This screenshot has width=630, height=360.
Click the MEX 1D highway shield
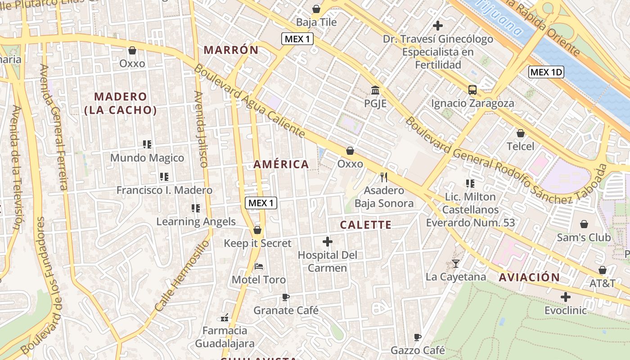(x=546, y=72)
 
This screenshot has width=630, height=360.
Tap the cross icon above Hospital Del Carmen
(x=328, y=242)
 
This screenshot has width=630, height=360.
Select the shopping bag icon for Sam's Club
(x=584, y=224)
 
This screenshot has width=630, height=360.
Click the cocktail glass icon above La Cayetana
(x=456, y=264)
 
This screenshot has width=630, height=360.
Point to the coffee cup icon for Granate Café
(x=285, y=297)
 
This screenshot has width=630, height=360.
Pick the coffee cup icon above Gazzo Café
(x=418, y=337)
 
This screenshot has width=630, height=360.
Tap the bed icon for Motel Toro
(x=258, y=266)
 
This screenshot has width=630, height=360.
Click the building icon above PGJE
(x=375, y=90)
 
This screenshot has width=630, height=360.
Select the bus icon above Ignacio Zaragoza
(x=472, y=90)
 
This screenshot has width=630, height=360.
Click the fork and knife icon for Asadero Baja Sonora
(x=383, y=177)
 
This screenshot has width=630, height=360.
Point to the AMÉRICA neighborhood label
(x=281, y=164)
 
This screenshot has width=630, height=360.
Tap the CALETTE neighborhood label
(x=365, y=225)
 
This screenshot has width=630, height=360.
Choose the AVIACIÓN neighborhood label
(x=529, y=277)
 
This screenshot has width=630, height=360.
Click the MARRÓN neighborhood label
(x=231, y=50)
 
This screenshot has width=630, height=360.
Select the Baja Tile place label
(x=316, y=22)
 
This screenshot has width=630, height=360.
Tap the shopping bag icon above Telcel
(x=521, y=133)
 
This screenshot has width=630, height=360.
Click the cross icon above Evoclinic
(x=566, y=297)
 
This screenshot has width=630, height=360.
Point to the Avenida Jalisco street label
(x=201, y=129)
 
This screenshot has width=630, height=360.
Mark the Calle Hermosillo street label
(x=182, y=276)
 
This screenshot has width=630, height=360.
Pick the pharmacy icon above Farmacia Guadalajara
(x=225, y=318)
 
